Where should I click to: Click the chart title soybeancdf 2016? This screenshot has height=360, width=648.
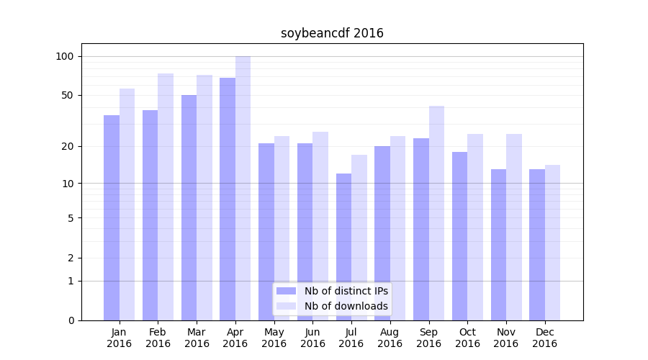pos(332,33)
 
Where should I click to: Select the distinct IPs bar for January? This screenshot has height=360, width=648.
pos(112,217)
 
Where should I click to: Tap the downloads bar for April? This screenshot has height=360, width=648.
pos(243,188)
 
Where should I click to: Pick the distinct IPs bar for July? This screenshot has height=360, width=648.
pos(343,247)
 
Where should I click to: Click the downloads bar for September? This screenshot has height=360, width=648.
pos(436,213)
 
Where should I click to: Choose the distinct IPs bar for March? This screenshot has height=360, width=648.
pos(189,207)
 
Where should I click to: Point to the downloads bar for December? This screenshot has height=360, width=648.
pos(552,243)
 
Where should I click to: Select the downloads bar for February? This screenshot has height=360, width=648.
pos(166,197)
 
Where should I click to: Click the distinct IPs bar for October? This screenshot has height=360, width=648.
pos(459,236)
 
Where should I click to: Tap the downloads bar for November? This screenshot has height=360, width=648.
pos(513,227)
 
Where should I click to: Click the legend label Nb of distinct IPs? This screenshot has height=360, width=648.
pos(346,291)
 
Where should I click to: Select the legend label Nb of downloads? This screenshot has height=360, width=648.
pos(346,306)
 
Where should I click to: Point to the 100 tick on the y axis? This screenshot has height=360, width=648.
pos(65,56)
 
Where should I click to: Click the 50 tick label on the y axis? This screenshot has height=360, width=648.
pos(68,95)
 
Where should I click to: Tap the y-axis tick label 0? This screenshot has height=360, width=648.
pos(71,320)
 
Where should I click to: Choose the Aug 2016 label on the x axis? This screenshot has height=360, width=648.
pos(390,338)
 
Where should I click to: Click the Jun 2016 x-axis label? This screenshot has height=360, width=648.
pos(312,338)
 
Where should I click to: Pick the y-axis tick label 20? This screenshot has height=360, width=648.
pos(68,146)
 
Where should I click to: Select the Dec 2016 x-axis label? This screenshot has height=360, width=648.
pos(544,338)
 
